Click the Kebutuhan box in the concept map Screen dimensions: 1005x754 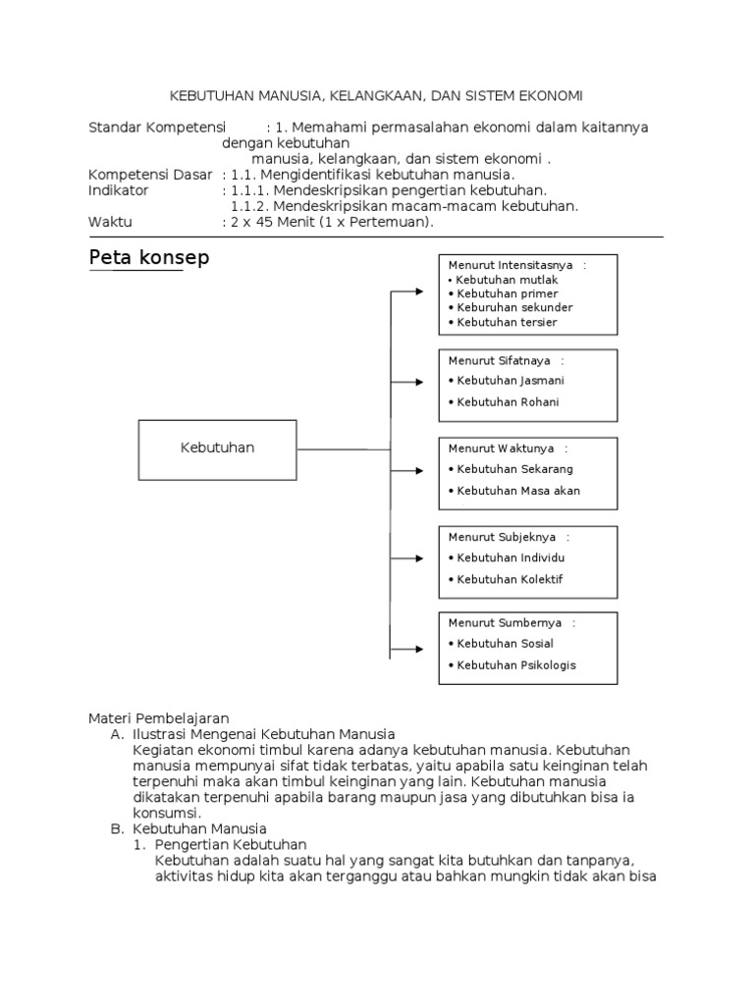coord(217,449)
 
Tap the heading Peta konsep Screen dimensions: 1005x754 coord(149,258)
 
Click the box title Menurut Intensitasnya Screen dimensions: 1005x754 coord(512,265)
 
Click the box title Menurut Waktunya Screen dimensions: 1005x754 coord(502,449)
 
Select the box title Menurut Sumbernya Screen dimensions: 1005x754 coord(506,622)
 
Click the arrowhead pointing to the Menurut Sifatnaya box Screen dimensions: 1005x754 coord(432,380)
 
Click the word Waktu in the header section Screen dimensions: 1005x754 coord(110,222)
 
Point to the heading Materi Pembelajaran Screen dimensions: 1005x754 coord(159,718)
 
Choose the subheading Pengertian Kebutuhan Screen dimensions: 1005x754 coord(231,844)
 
